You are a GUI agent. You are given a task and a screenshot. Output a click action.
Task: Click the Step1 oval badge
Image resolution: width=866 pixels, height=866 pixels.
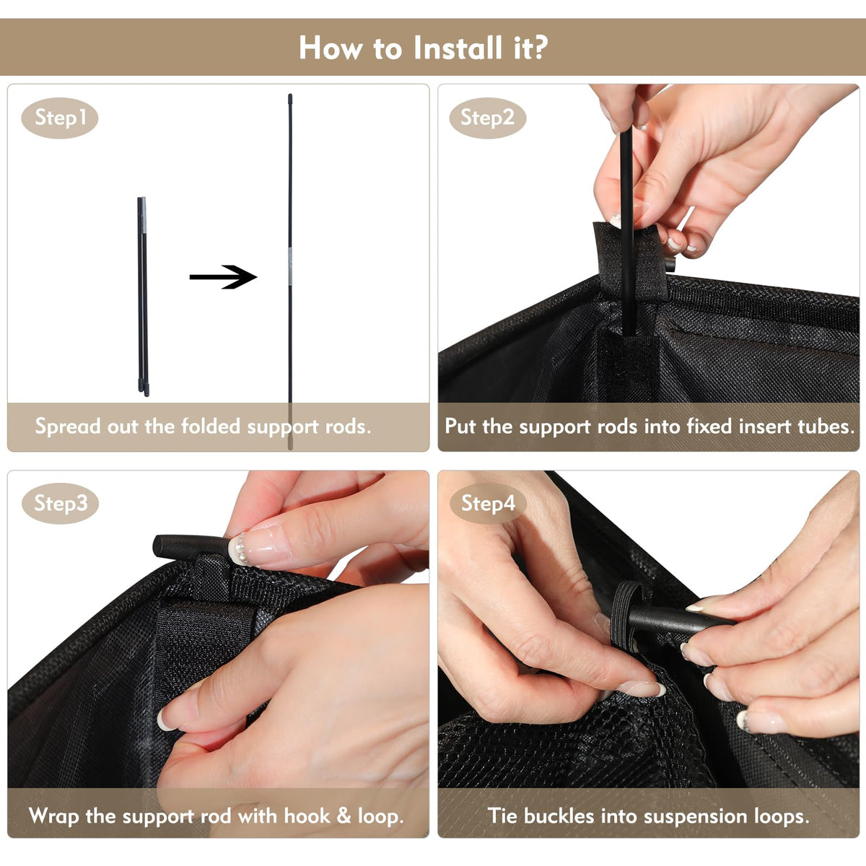point(60,118)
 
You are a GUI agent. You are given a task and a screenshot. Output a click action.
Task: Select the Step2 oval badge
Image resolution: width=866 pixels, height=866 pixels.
point(488,118)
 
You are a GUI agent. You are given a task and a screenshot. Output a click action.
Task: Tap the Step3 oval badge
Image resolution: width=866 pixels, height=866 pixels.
point(60,503)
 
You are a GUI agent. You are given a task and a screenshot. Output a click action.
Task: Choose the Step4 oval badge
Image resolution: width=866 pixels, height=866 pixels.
point(488,503)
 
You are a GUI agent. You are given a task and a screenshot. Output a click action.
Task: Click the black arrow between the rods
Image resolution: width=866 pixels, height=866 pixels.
point(223,277)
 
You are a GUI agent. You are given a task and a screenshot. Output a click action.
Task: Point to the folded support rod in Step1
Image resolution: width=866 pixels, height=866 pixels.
point(143,297)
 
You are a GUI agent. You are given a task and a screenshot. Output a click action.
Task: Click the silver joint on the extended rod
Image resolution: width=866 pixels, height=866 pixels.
point(290,266)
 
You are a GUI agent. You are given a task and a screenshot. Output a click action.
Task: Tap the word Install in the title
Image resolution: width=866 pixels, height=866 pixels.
point(458,48)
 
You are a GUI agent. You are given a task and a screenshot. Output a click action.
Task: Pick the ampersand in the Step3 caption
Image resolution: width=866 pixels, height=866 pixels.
point(344,816)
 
